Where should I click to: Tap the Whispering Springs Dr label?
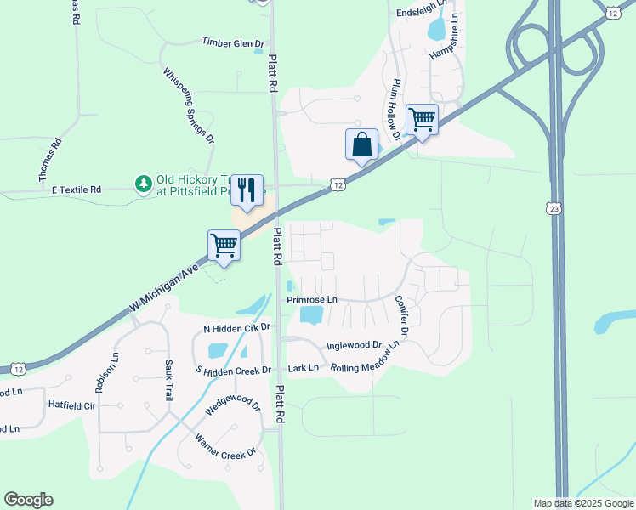(x=188, y=103)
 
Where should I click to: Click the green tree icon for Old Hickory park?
(x=143, y=183)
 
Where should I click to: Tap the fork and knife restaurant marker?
(x=247, y=190)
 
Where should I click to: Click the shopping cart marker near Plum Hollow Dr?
(x=422, y=119)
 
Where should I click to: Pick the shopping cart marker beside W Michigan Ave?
(x=224, y=245)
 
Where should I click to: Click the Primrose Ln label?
(x=312, y=300)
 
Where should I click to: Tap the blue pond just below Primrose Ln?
(x=312, y=315)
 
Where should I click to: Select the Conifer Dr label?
(x=401, y=315)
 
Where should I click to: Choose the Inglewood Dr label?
(x=354, y=345)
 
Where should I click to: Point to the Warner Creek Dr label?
(x=225, y=447)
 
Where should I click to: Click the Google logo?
(x=28, y=500)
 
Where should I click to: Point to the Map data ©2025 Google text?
(x=582, y=503)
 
